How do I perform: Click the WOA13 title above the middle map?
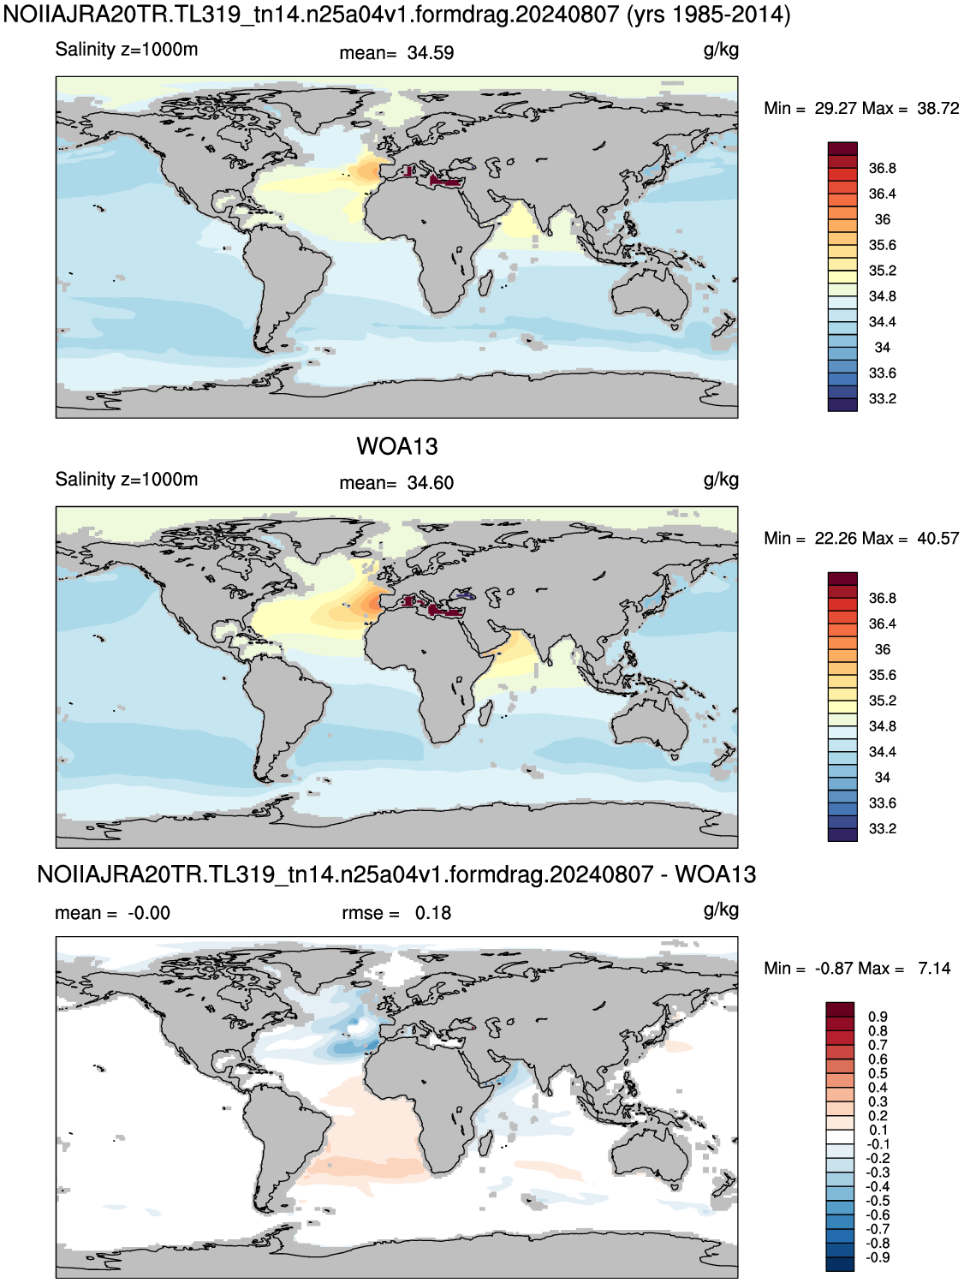click(396, 446)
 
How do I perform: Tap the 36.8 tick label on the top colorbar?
click(882, 169)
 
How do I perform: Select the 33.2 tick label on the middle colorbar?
click(882, 828)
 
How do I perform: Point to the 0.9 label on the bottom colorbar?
click(878, 1017)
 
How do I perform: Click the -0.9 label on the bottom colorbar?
click(878, 1257)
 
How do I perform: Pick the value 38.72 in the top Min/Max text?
click(937, 108)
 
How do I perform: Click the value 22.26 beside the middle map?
click(836, 538)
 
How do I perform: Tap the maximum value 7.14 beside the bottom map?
click(934, 968)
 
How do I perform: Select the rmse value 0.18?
click(433, 913)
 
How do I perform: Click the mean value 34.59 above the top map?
click(431, 52)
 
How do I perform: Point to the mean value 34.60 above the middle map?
click(431, 483)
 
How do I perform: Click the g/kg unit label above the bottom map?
click(721, 910)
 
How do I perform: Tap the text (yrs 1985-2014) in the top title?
click(709, 14)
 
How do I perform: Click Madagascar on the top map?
click(485, 286)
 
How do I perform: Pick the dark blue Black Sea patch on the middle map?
click(465, 595)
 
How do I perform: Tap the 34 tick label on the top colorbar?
click(882, 347)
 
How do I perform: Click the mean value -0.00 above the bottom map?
click(149, 913)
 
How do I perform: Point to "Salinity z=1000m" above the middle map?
click(127, 480)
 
